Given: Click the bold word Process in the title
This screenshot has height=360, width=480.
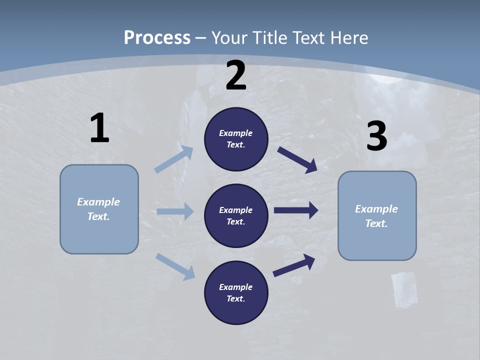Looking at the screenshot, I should pyautogui.click(x=157, y=37).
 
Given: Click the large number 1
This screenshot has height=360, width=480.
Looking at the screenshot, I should pyautogui.click(x=99, y=128).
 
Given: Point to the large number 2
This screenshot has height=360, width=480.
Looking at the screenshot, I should pyautogui.click(x=236, y=76).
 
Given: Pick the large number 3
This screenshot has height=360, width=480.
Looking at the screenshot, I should pyautogui.click(x=376, y=136).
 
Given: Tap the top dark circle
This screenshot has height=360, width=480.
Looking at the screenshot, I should pyautogui.click(x=236, y=139).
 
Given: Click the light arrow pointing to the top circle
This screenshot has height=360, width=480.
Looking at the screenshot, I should pyautogui.click(x=174, y=159).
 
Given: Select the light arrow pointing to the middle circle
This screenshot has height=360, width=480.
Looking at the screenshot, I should pyautogui.click(x=175, y=211).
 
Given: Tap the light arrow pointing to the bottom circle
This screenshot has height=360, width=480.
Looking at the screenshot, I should pyautogui.click(x=175, y=266).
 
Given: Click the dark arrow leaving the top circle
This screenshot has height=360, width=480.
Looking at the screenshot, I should pyautogui.click(x=297, y=159).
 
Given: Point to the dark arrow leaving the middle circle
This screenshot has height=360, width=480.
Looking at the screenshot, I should pyautogui.click(x=296, y=210).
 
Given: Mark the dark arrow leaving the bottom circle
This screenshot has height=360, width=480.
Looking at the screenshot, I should pyautogui.click(x=294, y=265).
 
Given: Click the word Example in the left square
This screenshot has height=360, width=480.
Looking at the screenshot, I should pyautogui.click(x=98, y=202).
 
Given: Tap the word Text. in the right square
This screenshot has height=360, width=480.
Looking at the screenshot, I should pyautogui.click(x=376, y=223).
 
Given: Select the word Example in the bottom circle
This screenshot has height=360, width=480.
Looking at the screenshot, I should pyautogui.click(x=236, y=287).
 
